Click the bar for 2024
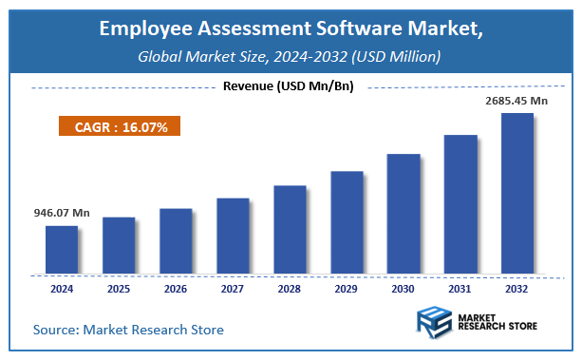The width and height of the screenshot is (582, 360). pyautogui.click(x=62, y=248)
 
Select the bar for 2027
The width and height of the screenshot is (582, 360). pyautogui.click(x=233, y=235)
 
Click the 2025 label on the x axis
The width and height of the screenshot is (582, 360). pyautogui.click(x=119, y=287)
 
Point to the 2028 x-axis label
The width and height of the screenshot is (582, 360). pyautogui.click(x=290, y=287)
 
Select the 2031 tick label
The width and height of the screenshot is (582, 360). pyautogui.click(x=460, y=287)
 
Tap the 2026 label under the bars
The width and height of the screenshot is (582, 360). pyautogui.click(x=176, y=287)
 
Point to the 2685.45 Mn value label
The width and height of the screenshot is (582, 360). pyautogui.click(x=516, y=100)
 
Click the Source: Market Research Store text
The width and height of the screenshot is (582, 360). pyautogui.click(x=128, y=330)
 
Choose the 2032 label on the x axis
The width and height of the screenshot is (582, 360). pyautogui.click(x=517, y=287)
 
